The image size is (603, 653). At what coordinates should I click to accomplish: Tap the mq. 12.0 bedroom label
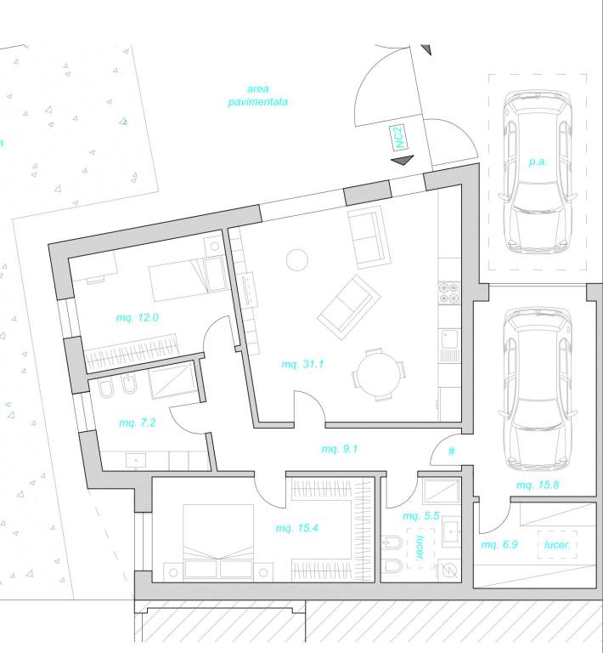click(138, 317)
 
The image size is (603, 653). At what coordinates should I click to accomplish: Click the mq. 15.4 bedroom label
click(296, 528)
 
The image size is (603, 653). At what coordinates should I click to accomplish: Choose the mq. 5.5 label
click(420, 516)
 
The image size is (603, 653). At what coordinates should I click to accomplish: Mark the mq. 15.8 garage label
click(536, 485)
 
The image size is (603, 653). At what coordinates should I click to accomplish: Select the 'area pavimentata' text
click(257, 95)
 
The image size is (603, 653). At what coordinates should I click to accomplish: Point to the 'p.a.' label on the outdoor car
click(536, 161)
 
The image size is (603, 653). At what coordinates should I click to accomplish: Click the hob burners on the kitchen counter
click(448, 294)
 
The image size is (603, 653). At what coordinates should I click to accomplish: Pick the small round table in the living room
click(297, 259)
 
